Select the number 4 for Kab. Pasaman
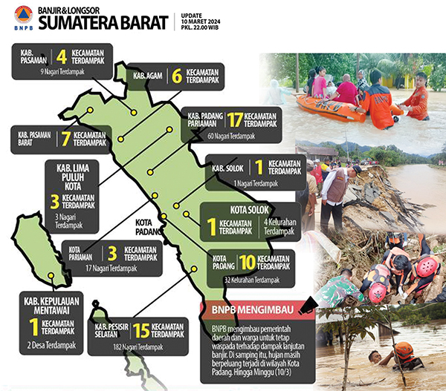[62, 56]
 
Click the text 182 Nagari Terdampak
[140, 347]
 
